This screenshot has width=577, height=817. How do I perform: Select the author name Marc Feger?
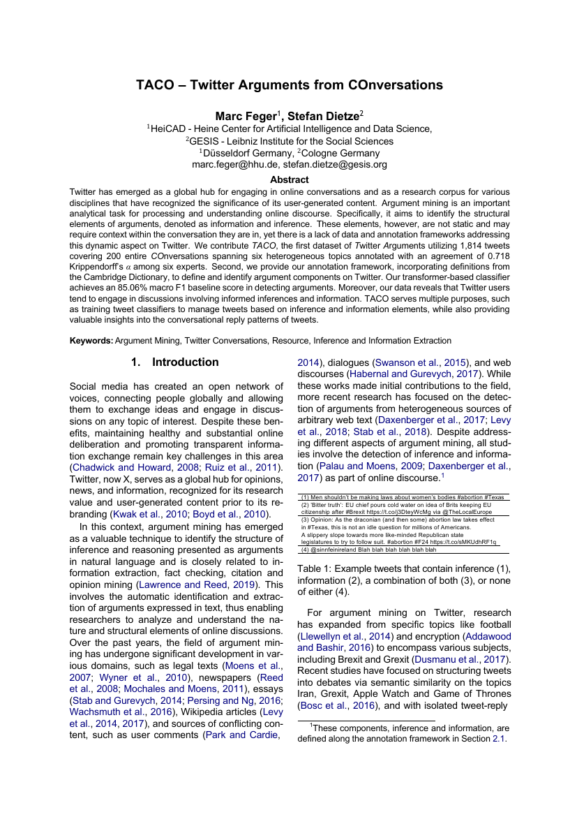[245, 115]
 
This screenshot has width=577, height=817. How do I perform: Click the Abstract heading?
[289, 180]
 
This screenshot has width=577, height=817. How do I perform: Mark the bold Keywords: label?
[91, 341]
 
